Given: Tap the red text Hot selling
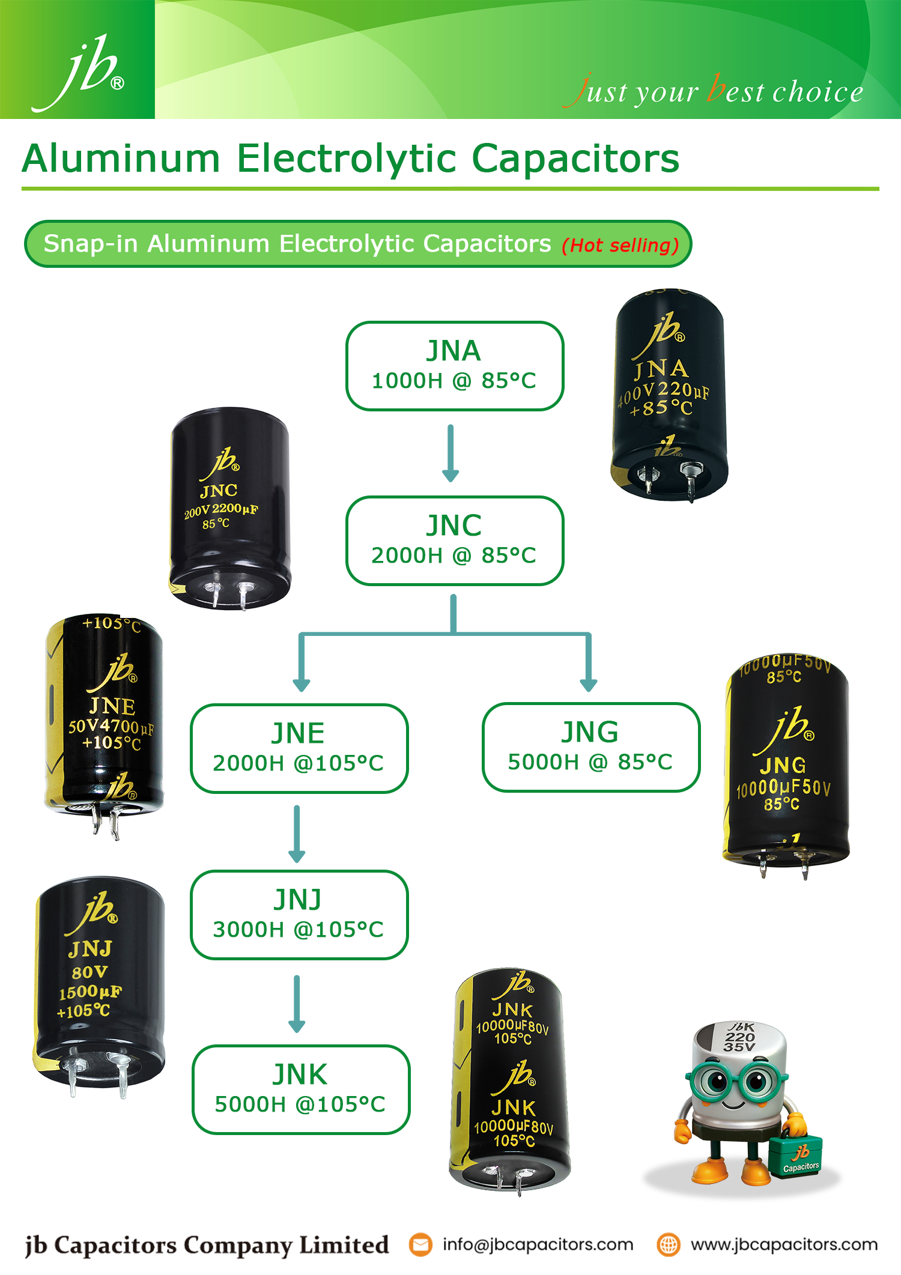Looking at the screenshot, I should click(x=620, y=245).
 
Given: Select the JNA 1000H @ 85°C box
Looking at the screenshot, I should click(x=454, y=366).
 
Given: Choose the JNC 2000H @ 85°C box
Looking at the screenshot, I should click(x=454, y=540).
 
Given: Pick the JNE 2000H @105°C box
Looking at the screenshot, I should click(x=299, y=748).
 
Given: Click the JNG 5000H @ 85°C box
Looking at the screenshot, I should click(x=590, y=747).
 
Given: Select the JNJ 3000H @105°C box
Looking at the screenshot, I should click(x=299, y=914).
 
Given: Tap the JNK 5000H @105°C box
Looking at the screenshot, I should click(x=300, y=1089).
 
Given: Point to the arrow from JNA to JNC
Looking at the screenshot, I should click(x=450, y=453).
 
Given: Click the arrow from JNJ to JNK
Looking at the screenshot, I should click(x=297, y=1004).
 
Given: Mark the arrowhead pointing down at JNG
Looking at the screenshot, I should click(x=589, y=684).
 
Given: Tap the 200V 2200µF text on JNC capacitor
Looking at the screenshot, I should click(x=220, y=510).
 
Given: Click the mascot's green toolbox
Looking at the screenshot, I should click(x=796, y=1156).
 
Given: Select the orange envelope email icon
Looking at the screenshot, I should click(x=420, y=1244).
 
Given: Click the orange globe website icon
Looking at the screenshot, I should click(x=668, y=1244).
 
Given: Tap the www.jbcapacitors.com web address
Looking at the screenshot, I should click(x=784, y=1244).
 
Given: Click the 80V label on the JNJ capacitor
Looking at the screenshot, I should click(x=90, y=972).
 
